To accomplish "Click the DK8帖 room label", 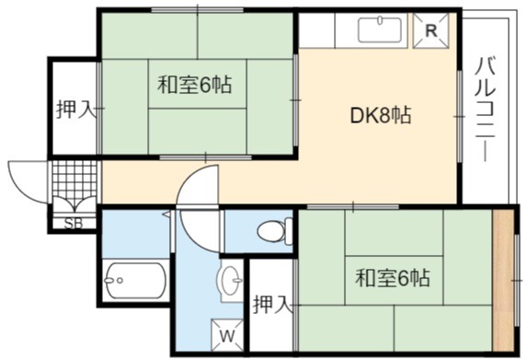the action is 380,115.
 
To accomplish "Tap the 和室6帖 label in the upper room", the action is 195,85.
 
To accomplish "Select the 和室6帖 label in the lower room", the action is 393,277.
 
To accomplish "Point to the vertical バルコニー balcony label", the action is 486,110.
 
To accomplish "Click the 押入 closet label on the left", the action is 75,110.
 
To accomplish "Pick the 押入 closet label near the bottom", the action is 271,305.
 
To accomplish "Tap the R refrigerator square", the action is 431,30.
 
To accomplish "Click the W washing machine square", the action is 227,335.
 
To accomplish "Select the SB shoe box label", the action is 74,223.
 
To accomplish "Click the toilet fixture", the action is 275,231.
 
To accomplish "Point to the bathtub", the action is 134,281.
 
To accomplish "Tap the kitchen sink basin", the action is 380,29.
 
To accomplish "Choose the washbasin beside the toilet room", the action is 232,280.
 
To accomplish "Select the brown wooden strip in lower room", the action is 503,281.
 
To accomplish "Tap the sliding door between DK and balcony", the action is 459,116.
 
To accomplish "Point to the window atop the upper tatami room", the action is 198,10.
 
